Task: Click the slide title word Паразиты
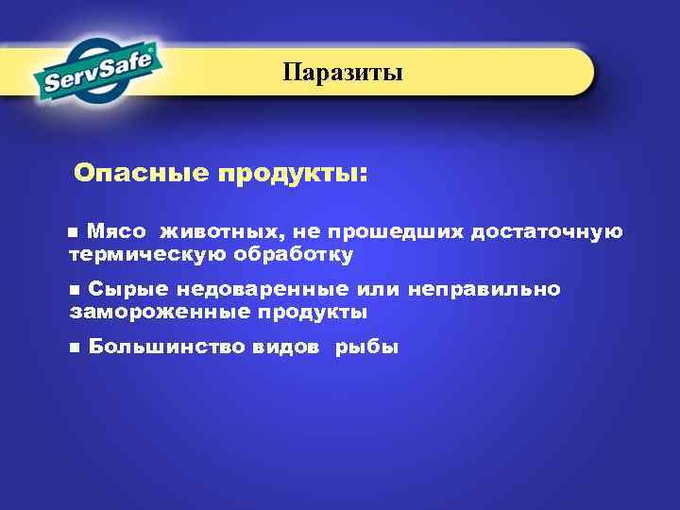click(x=343, y=73)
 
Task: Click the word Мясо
click(x=116, y=232)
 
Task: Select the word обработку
click(x=297, y=254)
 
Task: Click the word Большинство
click(x=166, y=347)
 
